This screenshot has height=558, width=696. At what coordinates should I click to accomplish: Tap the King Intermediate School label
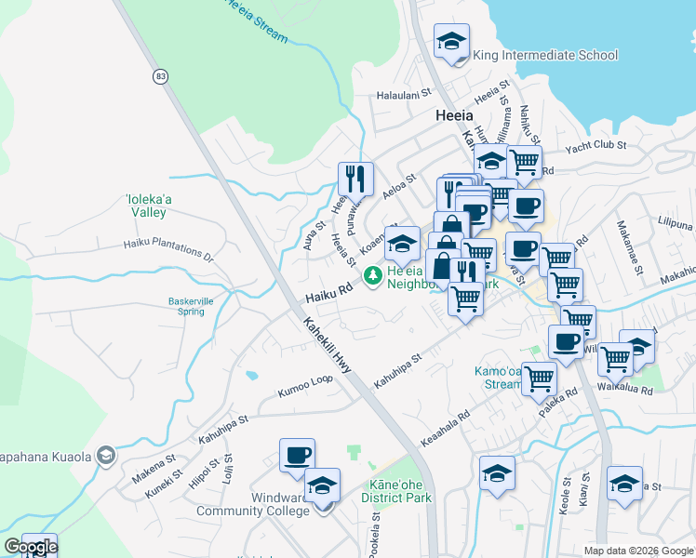point(545,55)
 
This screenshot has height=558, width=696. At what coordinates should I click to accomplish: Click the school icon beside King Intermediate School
point(452,42)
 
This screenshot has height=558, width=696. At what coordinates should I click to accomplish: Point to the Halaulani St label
point(405,94)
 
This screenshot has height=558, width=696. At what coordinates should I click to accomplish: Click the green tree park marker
point(373,274)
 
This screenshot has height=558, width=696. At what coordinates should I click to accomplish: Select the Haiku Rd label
point(330,292)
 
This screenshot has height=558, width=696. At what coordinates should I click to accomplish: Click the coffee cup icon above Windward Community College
point(298,456)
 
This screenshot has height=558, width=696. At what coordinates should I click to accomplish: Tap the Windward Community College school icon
point(323,486)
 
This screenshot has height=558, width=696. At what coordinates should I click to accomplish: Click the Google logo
point(31,547)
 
